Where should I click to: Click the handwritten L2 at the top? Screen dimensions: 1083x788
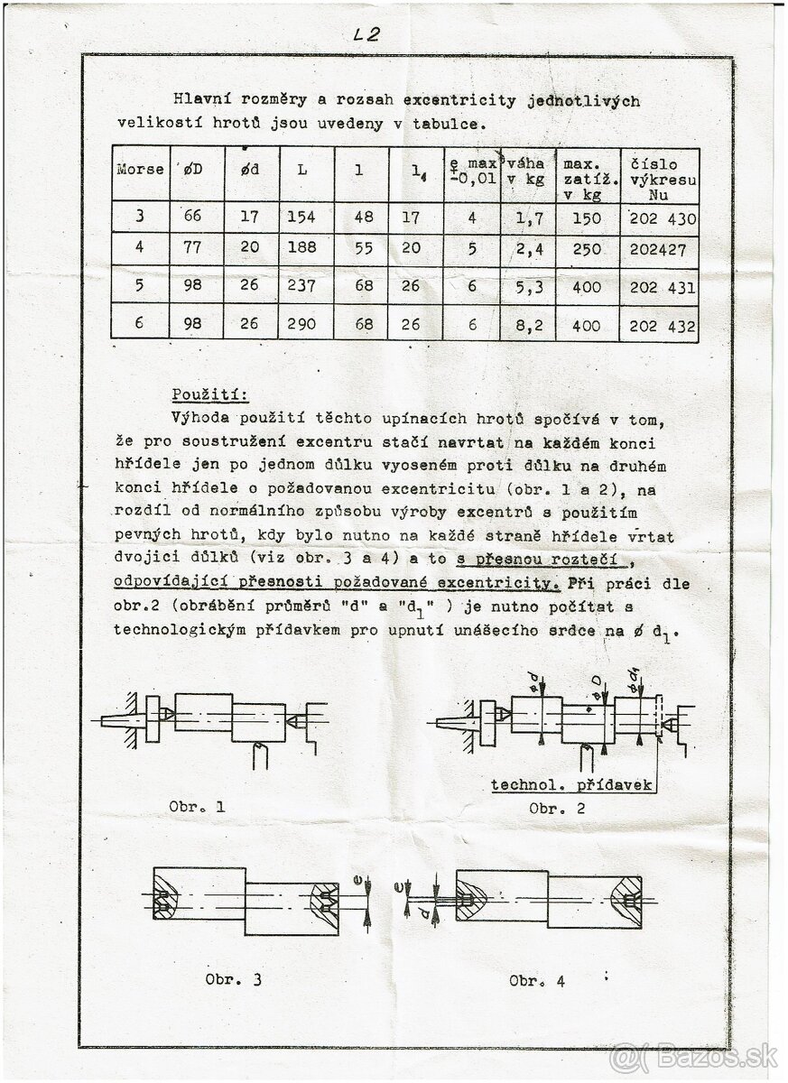coord(367,35)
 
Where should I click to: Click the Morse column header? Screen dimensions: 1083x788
coord(140,169)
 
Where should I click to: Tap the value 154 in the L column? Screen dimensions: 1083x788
coord(302,218)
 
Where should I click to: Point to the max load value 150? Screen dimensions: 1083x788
coord(587,218)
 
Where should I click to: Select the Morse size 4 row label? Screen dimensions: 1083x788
coord(139,249)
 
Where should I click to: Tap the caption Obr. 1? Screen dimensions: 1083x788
coord(197,807)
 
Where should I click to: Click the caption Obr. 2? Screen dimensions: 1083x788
coord(557,808)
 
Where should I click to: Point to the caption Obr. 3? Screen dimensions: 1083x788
coord(233,980)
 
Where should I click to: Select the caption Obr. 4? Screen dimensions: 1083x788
coord(537,980)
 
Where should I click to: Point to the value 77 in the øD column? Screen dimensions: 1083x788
coord(193,249)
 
